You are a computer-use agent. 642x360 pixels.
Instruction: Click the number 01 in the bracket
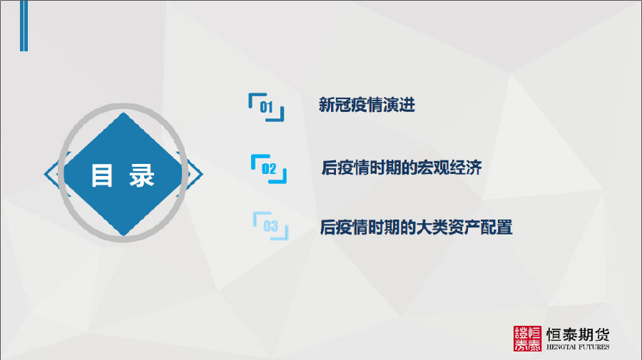[266, 107]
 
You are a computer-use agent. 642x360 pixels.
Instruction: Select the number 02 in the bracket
[269, 168]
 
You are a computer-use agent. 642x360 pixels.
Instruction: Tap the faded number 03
[270, 226]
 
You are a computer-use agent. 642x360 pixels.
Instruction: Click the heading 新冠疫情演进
[367, 105]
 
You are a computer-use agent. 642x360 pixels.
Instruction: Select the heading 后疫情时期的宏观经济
[401, 168]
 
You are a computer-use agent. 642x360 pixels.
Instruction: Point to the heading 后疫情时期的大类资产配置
[416, 227]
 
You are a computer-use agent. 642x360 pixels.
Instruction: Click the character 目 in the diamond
[101, 175]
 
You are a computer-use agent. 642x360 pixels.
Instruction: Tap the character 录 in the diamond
[142, 175]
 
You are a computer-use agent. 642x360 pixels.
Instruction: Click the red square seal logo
[527, 339]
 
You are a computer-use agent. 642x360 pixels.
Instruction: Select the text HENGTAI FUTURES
[578, 347]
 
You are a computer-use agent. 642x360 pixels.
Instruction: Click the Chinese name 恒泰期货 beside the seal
[578, 334]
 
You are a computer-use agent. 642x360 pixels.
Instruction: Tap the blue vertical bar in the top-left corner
[24, 26]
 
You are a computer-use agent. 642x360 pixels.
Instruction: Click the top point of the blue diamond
[123, 113]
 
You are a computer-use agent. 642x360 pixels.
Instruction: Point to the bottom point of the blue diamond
[123, 235]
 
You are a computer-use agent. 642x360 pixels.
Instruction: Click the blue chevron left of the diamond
[51, 174]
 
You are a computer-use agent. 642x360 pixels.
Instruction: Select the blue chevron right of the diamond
[195, 174]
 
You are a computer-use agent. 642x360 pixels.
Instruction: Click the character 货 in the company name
[601, 334]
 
